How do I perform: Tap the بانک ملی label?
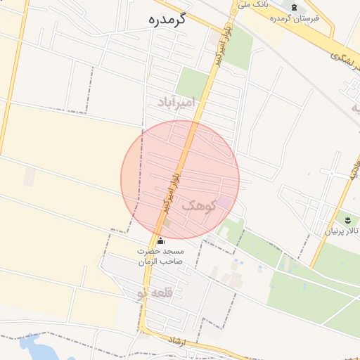click(253, 5)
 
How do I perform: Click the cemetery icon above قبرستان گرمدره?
click(294, 7)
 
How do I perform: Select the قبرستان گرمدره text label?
click(294, 18)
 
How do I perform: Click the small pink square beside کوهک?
click(224, 202)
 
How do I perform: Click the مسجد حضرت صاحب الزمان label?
click(160, 256)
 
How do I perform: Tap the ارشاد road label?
click(176, 340)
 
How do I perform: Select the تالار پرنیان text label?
click(342, 231)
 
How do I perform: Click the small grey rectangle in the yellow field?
click(29, 176)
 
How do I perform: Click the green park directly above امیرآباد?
click(193, 82)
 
